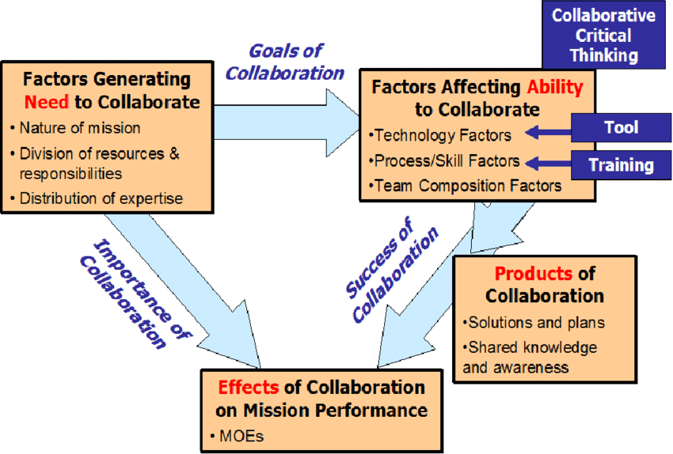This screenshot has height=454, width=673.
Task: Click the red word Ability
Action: pos(553,87)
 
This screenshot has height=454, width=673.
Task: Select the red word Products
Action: pos(533,274)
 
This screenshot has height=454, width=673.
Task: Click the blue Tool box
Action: pos(621,127)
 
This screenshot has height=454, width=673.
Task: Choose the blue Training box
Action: pos(621,165)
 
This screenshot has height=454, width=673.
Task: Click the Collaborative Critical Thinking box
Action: pos(604,36)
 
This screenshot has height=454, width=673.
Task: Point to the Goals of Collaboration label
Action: pos(284,62)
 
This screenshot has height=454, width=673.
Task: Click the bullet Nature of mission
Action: pos(79,127)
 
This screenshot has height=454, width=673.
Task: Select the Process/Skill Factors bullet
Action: pos(445,161)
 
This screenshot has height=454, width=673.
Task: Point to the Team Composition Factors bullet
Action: pos(466,187)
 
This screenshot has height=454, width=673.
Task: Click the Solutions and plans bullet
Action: pos(526,323)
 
